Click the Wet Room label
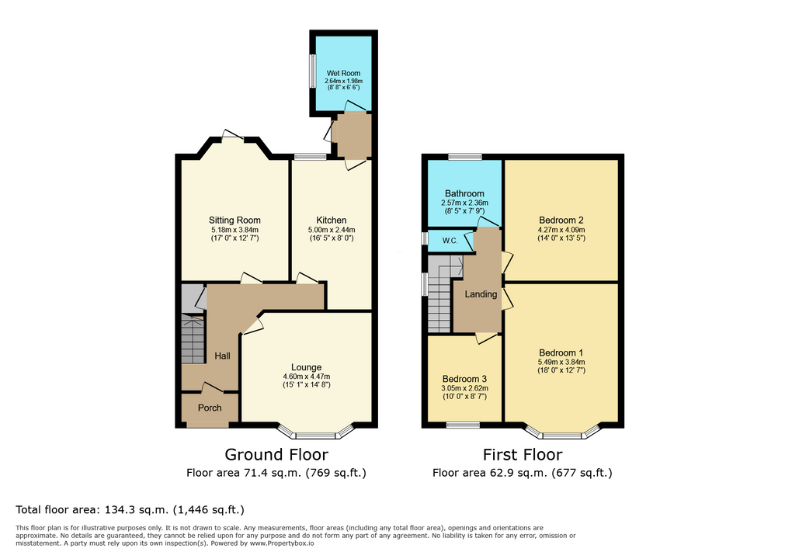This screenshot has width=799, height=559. (343, 74)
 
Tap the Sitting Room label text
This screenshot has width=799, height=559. (234, 220)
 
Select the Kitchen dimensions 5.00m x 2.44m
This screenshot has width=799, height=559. (332, 230)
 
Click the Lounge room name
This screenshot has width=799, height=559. (306, 367)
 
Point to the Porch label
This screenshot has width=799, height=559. (210, 408)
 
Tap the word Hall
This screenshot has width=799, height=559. (222, 356)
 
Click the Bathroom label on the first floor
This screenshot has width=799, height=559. (464, 193)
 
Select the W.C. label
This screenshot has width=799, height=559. (450, 241)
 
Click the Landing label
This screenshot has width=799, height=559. (481, 294)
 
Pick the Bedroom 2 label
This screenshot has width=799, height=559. (561, 220)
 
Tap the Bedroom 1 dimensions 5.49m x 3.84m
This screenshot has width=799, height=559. (561, 363)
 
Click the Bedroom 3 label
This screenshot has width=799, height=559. (464, 379)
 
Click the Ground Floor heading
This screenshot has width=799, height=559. (276, 454)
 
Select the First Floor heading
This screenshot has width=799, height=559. (523, 454)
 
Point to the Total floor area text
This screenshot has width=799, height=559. (130, 509)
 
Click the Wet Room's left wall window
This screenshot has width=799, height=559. (312, 71)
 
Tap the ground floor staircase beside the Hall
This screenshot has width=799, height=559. (193, 339)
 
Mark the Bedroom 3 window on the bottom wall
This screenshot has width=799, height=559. (463, 425)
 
